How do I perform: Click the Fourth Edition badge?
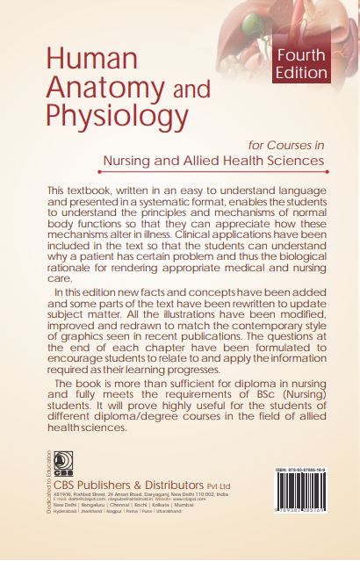(301, 63)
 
